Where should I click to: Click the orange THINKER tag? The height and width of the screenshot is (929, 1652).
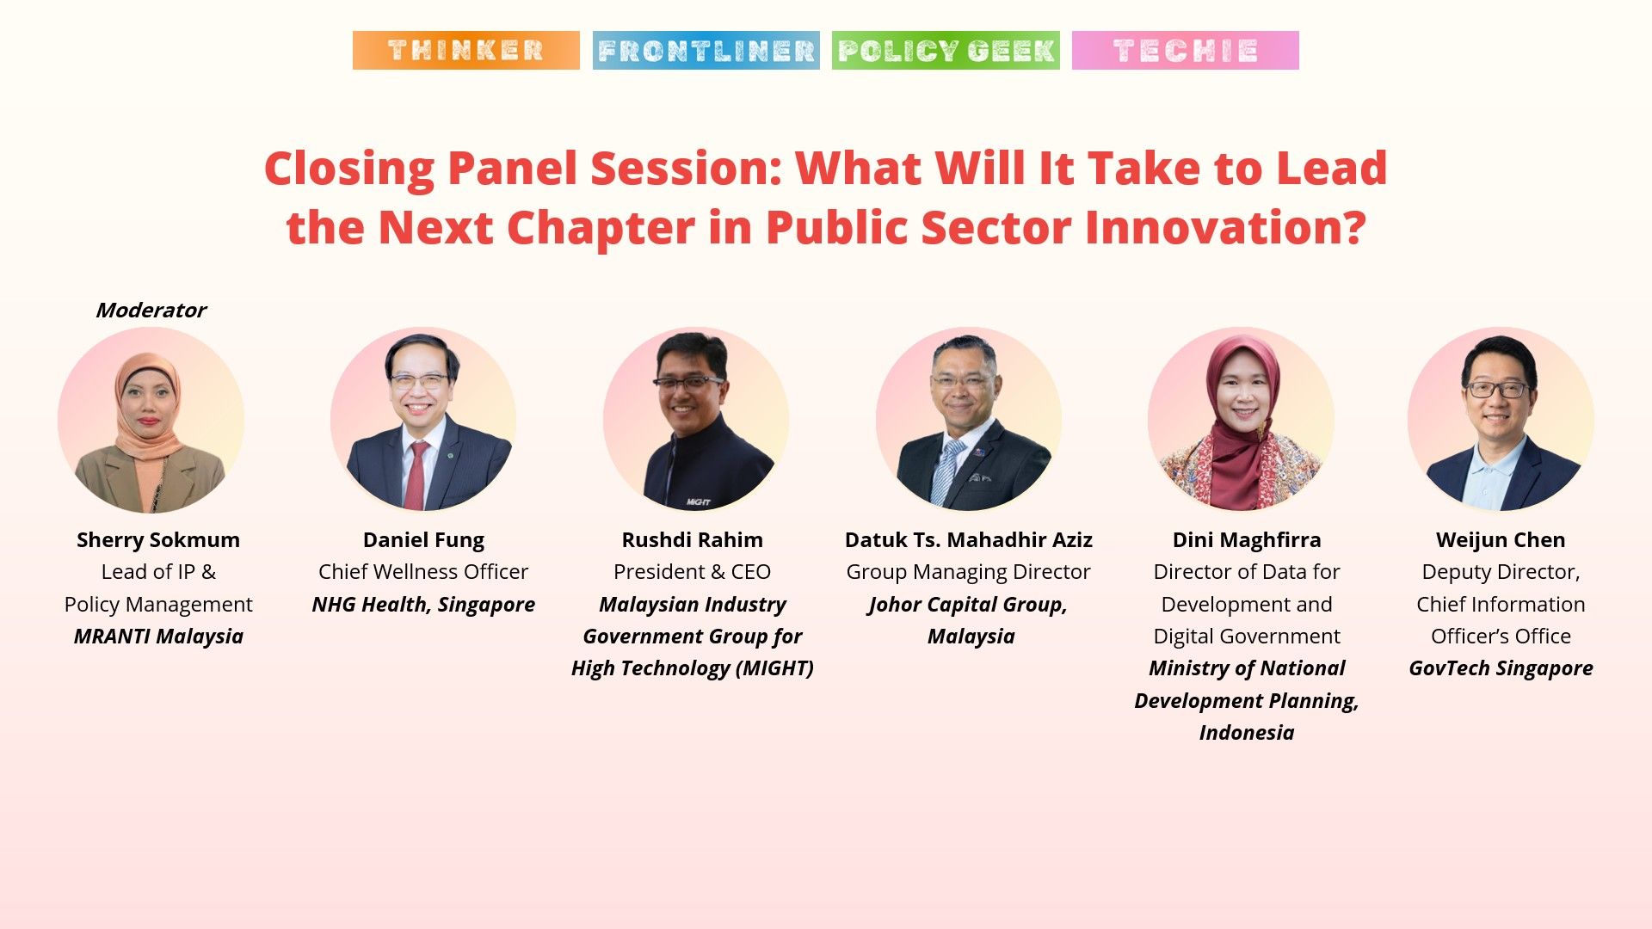point(465,50)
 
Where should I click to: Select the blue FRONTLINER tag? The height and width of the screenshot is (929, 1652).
point(706,50)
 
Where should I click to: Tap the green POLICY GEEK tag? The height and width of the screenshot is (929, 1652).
point(946,50)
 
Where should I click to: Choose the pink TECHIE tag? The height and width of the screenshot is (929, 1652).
point(1185,50)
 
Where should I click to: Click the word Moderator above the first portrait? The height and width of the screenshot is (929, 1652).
point(151,310)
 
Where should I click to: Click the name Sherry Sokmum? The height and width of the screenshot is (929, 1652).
point(158,539)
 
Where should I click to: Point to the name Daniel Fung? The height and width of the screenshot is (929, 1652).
point(423,539)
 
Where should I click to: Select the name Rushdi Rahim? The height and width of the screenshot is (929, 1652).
point(692,539)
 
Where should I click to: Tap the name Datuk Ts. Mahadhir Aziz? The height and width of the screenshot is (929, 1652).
point(968,539)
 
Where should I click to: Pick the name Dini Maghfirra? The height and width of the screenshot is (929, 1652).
point(1246,539)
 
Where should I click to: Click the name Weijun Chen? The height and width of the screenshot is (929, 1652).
point(1500,539)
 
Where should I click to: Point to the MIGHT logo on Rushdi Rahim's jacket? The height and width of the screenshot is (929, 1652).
point(698,501)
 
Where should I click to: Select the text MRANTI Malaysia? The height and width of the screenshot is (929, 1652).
point(158,636)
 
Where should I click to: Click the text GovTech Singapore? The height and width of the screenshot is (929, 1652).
point(1500,668)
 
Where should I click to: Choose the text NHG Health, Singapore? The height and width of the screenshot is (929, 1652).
point(423,604)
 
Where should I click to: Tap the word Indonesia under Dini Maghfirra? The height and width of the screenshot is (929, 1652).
point(1246,732)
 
